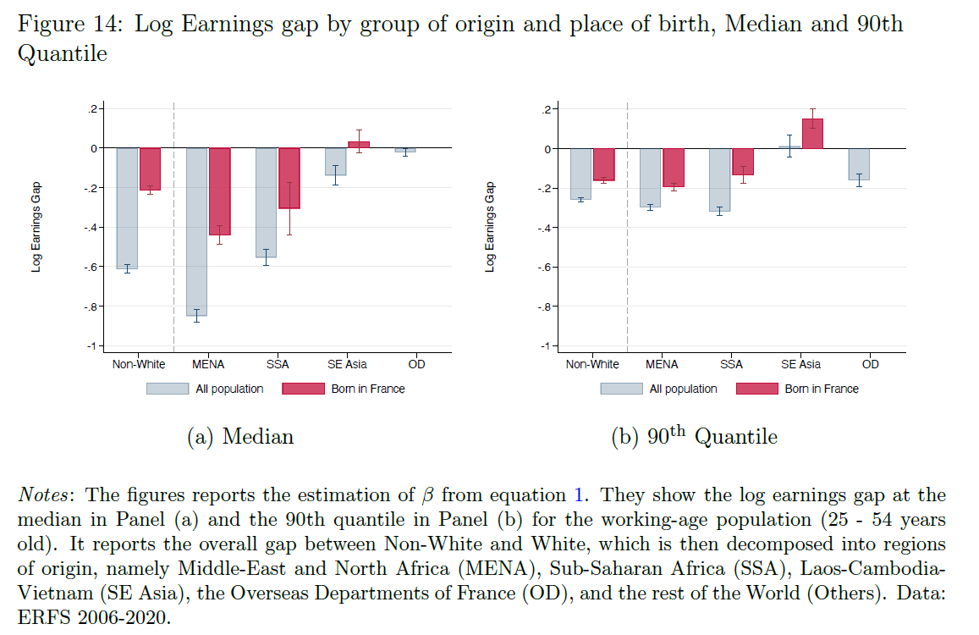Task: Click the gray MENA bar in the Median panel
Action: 197,231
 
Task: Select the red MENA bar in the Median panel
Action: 220,191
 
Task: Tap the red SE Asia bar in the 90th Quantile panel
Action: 813,134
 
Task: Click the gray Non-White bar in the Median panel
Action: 127,208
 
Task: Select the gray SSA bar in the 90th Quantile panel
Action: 720,179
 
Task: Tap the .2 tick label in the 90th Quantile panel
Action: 547,109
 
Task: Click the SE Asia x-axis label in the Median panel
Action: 347,364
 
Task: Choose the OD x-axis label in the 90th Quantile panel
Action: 870,364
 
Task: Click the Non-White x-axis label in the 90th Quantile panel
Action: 592,364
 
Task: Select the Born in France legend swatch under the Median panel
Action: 302,389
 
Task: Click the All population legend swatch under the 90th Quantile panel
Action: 622,389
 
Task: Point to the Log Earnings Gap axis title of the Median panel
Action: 36,227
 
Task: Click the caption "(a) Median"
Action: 239,437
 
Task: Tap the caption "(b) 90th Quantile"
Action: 694,437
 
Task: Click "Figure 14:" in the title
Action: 71,25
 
